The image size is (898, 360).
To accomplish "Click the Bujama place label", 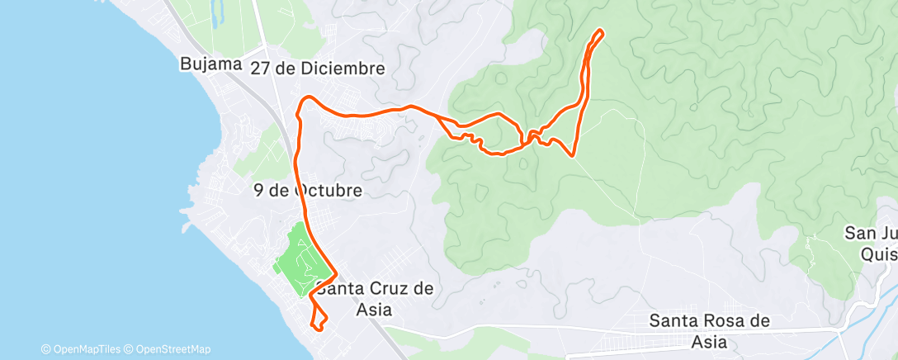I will coord(210,64).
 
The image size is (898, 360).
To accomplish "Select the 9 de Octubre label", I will coord(308,191).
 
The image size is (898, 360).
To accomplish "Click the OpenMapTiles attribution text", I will coord(85,349).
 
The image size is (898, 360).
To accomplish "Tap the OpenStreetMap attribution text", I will coord(169,349).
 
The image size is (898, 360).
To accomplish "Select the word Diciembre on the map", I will coord(342,69).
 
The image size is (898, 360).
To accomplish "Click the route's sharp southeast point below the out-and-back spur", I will coord(572,154).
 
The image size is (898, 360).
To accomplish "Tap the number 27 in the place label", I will coord(262,69).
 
